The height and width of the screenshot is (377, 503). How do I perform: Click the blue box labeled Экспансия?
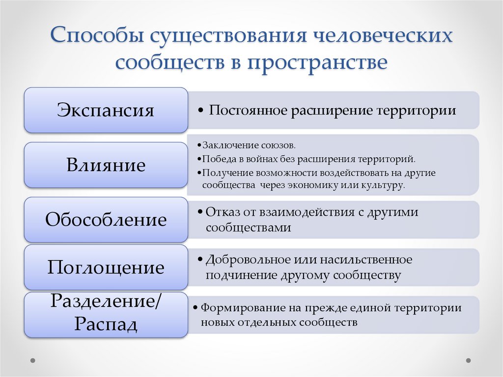[x=106, y=110]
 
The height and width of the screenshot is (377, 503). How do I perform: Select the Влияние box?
[x=106, y=165]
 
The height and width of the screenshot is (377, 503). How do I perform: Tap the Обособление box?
[x=106, y=220]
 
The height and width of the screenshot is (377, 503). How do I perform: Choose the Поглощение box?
[x=106, y=268]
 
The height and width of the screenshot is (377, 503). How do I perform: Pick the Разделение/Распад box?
[x=106, y=314]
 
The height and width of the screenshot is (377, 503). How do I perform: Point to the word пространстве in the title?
[x=321, y=63]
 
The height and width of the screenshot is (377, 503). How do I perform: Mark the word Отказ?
[x=219, y=212]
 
